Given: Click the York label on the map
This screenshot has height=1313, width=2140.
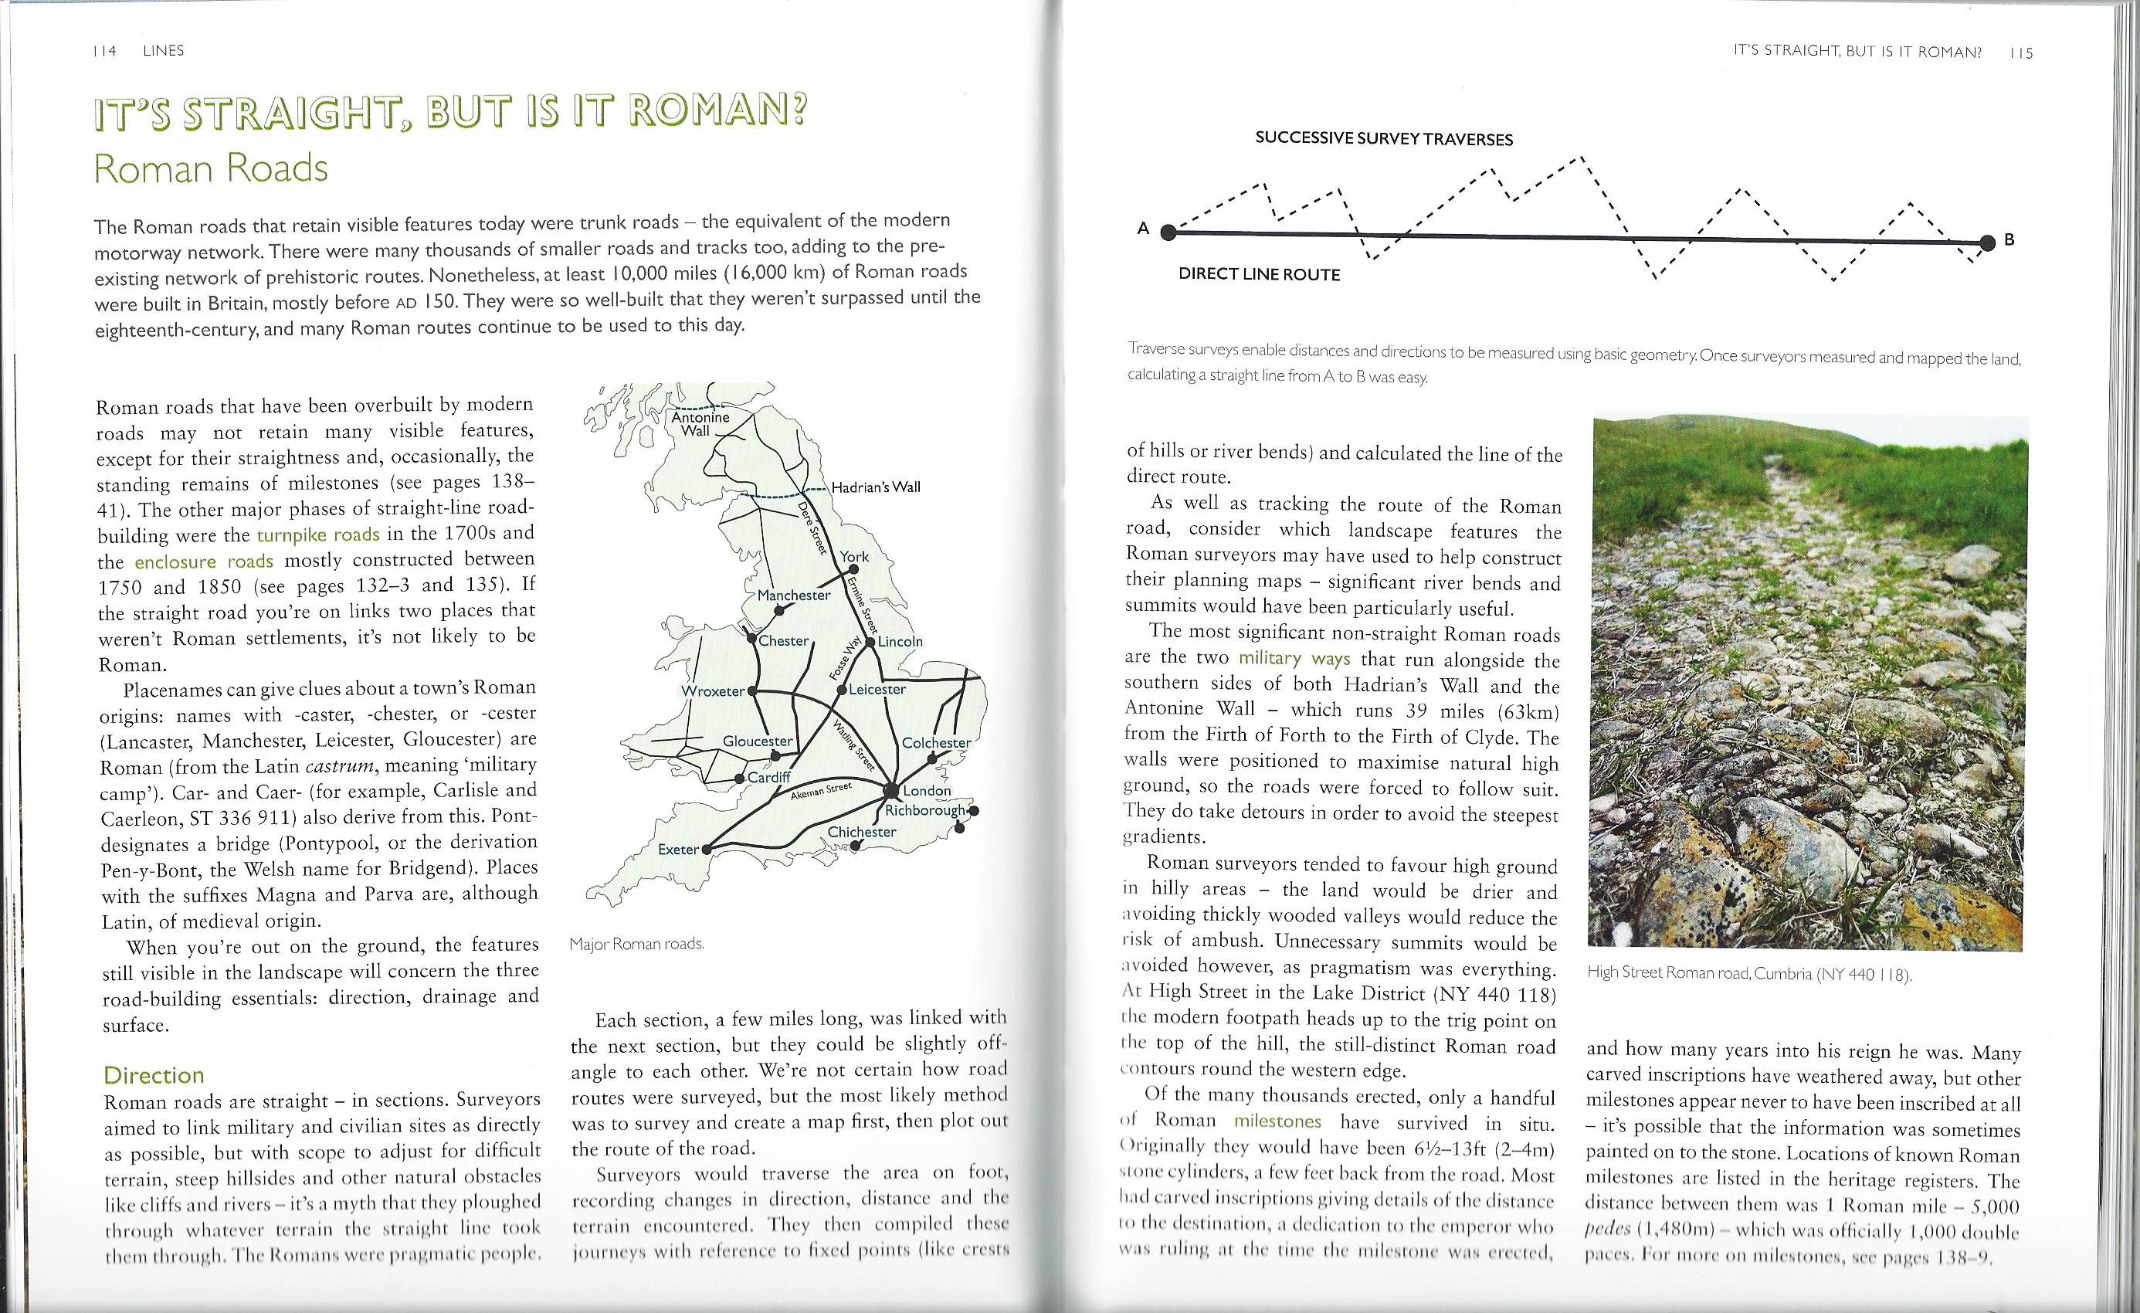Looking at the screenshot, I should pyautogui.click(x=853, y=557).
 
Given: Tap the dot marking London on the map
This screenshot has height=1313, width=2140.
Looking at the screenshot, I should pyautogui.click(x=890, y=790).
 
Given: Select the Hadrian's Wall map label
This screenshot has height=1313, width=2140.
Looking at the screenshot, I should pyautogui.click(x=876, y=487).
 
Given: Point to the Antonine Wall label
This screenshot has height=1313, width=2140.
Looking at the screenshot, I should pyautogui.click(x=700, y=424).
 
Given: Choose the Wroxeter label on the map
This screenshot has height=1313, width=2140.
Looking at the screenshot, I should pyautogui.click(x=713, y=691).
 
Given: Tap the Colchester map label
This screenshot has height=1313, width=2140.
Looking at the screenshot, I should pyautogui.click(x=936, y=742).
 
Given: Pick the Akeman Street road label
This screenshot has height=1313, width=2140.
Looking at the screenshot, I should pyautogui.click(x=821, y=791).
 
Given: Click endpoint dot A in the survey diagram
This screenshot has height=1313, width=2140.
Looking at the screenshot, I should pyautogui.click(x=1169, y=232).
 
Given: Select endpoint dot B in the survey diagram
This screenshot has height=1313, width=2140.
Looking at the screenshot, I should pyautogui.click(x=1987, y=243).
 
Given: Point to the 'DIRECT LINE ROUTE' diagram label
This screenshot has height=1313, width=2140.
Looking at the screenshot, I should pyautogui.click(x=1259, y=274).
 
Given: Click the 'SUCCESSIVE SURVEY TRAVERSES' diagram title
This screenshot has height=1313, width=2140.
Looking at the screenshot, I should pyautogui.click(x=1383, y=139).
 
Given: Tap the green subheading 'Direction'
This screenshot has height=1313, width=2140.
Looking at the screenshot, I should pyautogui.click(x=154, y=1075).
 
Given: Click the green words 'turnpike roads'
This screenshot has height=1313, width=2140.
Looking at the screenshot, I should pyautogui.click(x=318, y=534).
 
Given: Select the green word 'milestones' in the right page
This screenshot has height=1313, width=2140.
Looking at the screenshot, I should pyautogui.click(x=1277, y=1121).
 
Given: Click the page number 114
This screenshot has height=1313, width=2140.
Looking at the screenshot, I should pyautogui.click(x=104, y=51).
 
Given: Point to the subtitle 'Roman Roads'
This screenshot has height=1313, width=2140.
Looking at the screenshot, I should pyautogui.click(x=211, y=168).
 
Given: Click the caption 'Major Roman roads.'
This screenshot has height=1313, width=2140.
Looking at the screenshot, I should pyautogui.click(x=636, y=944).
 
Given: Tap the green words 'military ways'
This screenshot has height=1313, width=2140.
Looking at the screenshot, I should pyautogui.click(x=1294, y=658).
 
